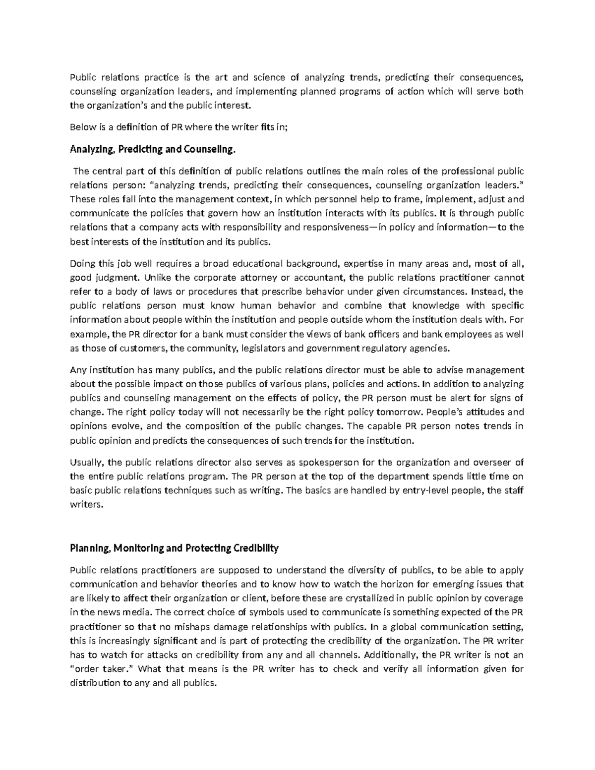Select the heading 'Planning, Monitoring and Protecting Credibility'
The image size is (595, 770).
[174, 548]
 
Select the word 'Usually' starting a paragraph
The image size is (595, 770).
[87, 463]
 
